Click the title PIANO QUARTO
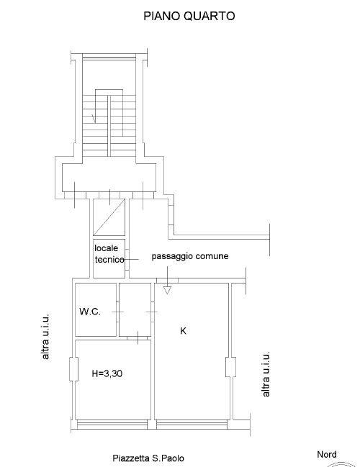(x=189, y=16)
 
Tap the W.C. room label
(x=90, y=312)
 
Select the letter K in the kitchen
(x=184, y=330)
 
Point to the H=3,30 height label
(x=107, y=373)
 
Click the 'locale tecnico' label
(x=109, y=254)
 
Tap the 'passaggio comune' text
(x=190, y=256)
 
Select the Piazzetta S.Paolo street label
(x=148, y=458)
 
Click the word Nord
(x=327, y=455)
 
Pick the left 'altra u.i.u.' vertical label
(x=45, y=336)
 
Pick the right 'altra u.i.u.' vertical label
(x=266, y=374)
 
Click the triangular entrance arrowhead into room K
(x=168, y=290)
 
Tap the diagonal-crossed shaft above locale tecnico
(x=109, y=217)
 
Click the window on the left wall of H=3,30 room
(x=73, y=369)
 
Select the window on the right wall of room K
(x=230, y=367)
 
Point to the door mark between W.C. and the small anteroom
(x=118, y=312)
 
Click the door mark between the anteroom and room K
(x=152, y=312)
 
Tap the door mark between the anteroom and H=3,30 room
(x=138, y=337)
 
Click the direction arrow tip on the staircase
(x=95, y=123)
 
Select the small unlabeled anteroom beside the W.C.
(x=135, y=309)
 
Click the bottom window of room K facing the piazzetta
(x=192, y=425)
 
